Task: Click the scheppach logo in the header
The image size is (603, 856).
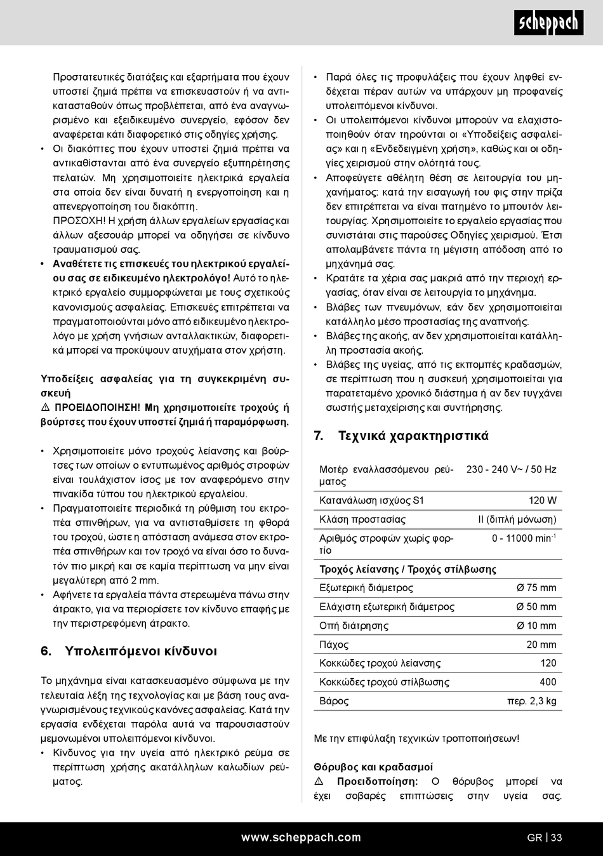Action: click(548, 23)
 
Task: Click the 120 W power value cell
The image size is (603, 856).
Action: click(542, 500)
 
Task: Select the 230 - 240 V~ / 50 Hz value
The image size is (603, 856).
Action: click(511, 469)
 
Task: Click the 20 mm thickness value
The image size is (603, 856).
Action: click(541, 645)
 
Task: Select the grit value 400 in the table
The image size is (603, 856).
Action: click(548, 682)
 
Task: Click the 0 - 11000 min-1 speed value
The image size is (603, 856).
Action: click(524, 538)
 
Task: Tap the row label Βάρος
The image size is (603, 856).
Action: click(334, 701)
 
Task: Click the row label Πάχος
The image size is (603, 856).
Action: click(334, 645)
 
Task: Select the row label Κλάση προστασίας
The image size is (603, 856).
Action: click(362, 519)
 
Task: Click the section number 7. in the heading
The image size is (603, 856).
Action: click(319, 436)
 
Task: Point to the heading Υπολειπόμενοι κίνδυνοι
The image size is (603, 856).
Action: click(141, 651)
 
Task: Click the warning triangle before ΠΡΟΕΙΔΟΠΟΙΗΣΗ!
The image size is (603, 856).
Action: click(46, 408)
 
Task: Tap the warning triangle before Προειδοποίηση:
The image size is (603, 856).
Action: click(319, 782)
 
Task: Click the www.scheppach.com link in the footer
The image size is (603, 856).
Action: click(301, 838)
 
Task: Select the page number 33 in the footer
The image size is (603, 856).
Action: click(556, 838)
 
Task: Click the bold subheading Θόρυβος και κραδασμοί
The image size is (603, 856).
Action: click(373, 767)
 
